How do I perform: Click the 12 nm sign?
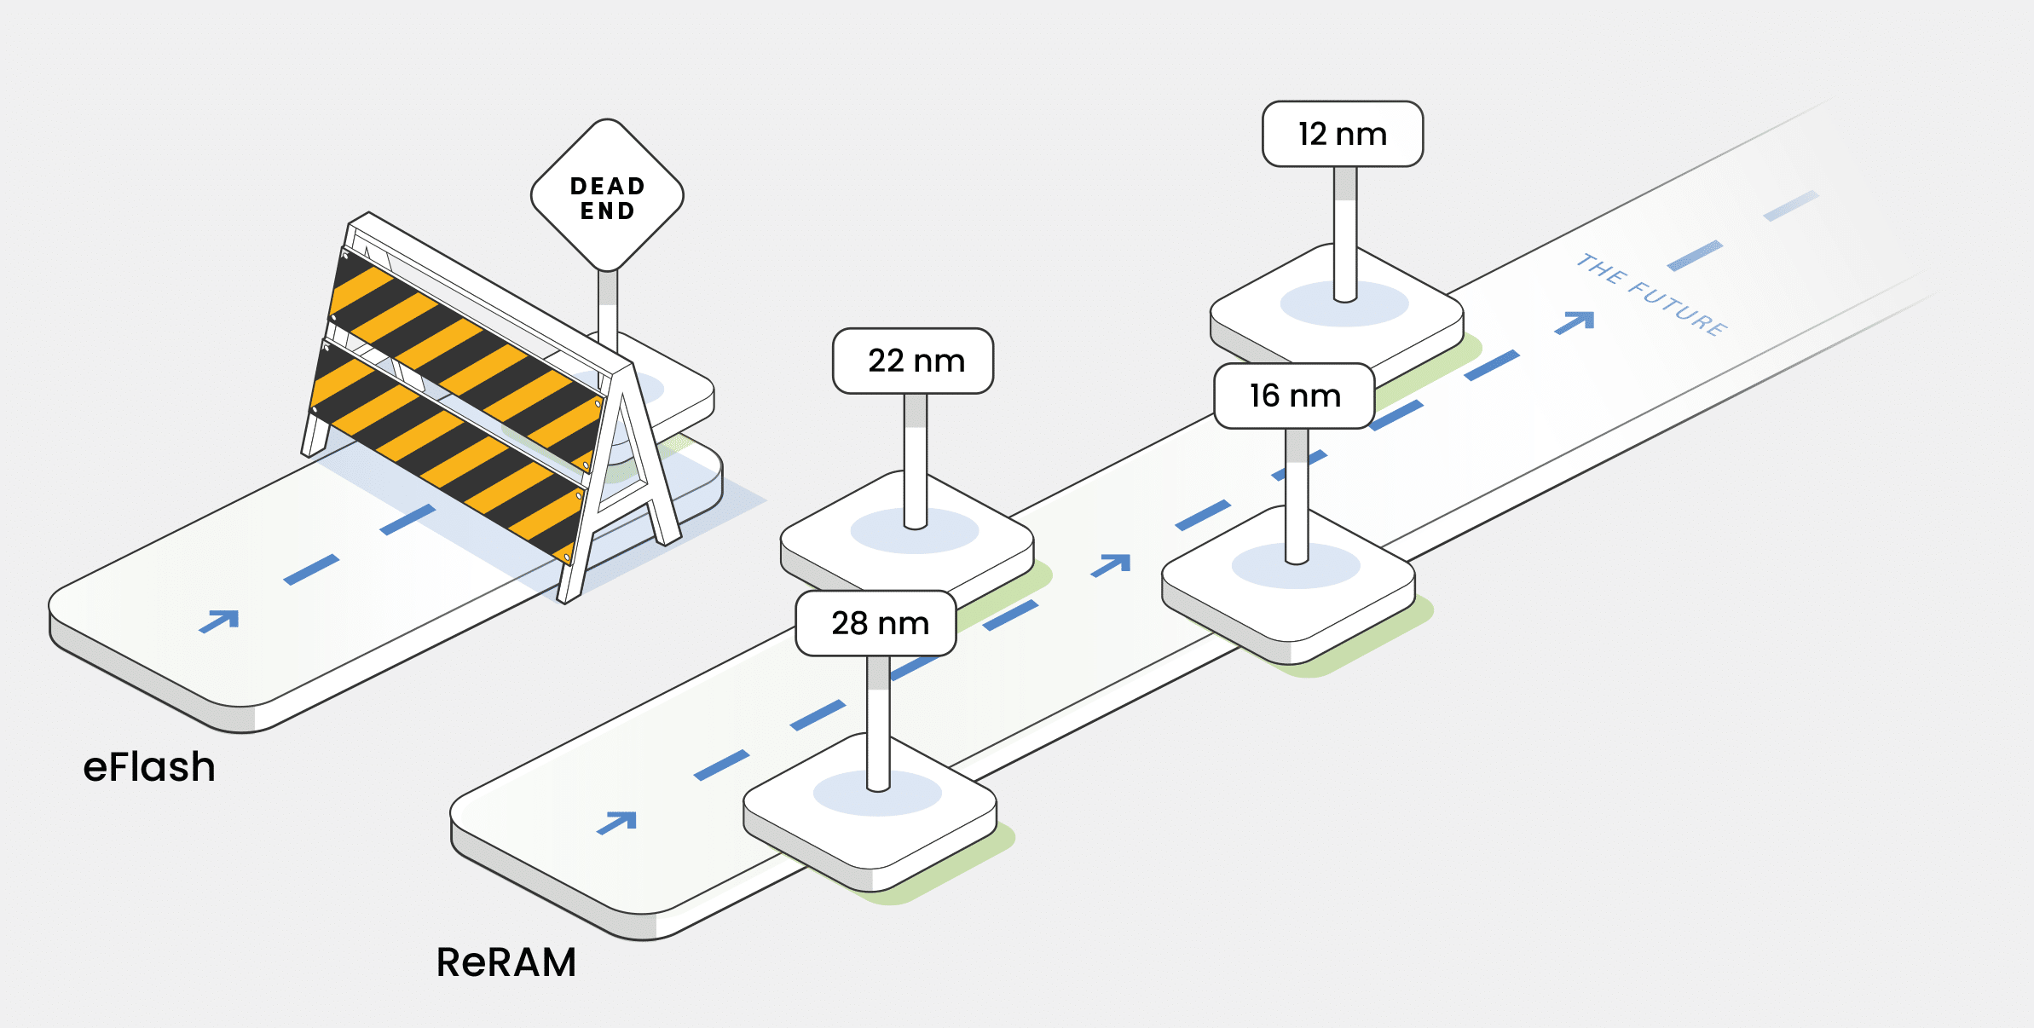tap(1342, 134)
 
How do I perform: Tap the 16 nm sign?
tap(1294, 396)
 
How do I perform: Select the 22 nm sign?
tap(913, 361)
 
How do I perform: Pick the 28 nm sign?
tap(876, 623)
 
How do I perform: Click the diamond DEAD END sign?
tap(607, 196)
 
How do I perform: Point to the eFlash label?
tap(149, 766)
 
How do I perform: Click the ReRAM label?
tap(506, 962)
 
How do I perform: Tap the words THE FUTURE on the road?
tap(1650, 294)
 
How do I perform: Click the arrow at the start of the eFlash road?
tap(220, 620)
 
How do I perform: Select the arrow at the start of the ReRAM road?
tap(618, 822)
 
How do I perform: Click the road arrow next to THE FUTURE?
tap(1575, 321)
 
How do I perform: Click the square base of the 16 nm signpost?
tap(1288, 597)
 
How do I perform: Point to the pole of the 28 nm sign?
tap(878, 725)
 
